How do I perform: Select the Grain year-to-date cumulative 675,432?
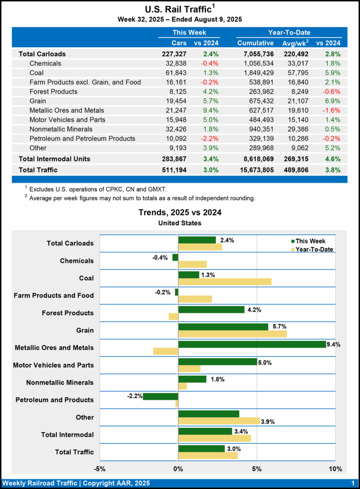(x=255, y=101)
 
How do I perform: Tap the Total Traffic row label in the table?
(x=38, y=170)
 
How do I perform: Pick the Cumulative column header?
(x=255, y=43)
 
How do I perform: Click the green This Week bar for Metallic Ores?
(x=252, y=344)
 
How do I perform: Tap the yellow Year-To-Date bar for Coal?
(x=224, y=282)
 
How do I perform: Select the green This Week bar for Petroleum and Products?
(x=160, y=396)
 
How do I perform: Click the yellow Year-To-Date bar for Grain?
(x=233, y=334)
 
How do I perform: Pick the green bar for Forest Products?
(x=211, y=309)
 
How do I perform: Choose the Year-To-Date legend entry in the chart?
(x=310, y=249)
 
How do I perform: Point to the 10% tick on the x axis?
(x=335, y=468)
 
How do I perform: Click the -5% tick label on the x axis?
(x=100, y=468)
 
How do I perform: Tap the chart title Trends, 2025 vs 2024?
(x=180, y=213)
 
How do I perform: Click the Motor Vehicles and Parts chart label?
(x=53, y=365)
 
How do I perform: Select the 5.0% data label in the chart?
(x=265, y=362)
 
